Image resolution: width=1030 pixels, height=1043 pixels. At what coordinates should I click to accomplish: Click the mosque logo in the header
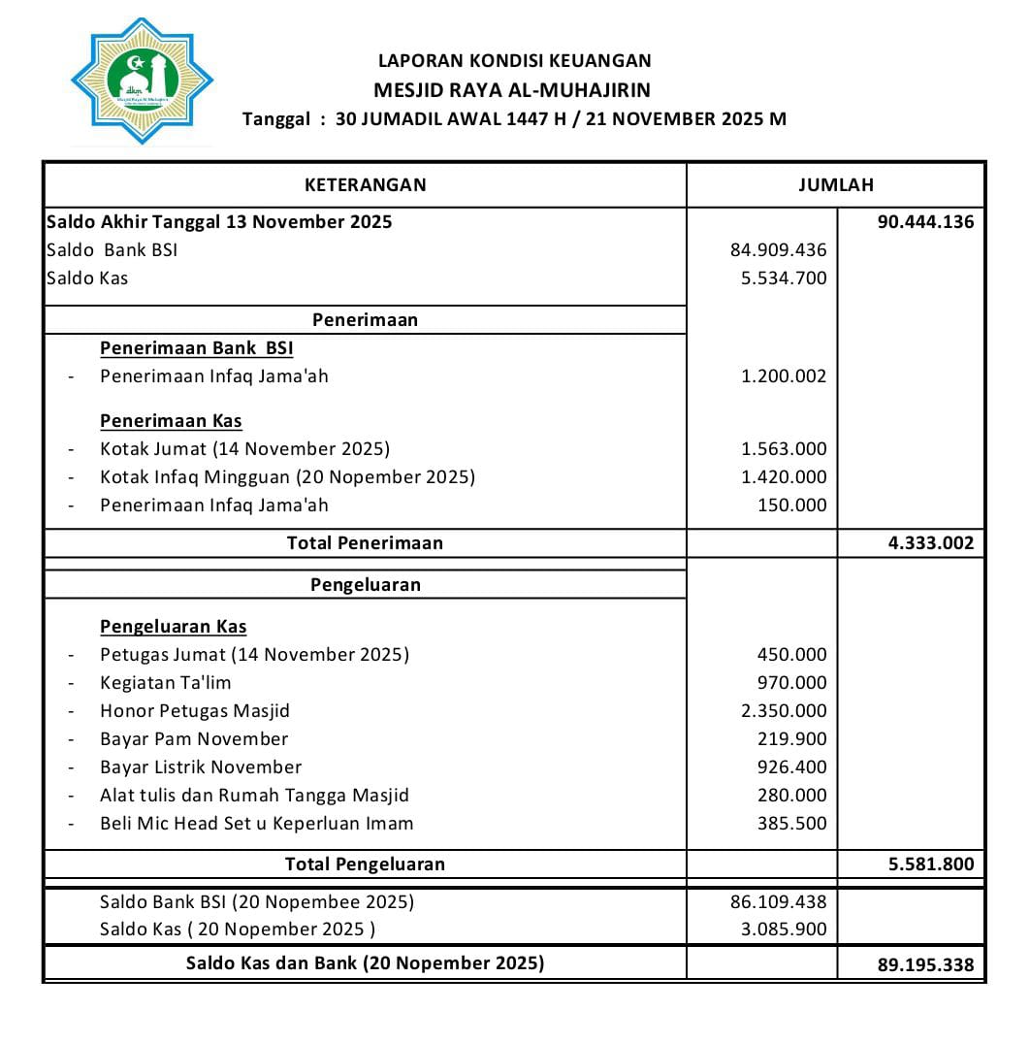point(142,81)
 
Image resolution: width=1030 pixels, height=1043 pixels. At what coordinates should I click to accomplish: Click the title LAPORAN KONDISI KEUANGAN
point(514,60)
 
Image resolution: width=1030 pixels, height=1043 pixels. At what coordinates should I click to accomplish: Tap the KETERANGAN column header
point(365,184)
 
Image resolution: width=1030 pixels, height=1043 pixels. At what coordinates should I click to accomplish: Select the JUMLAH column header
point(835,184)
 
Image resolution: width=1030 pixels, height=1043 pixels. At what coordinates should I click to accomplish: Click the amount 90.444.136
point(925,221)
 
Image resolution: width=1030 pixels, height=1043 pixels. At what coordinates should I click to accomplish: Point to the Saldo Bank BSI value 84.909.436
point(778,250)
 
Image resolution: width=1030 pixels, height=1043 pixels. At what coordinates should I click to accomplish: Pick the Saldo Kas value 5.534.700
point(784,278)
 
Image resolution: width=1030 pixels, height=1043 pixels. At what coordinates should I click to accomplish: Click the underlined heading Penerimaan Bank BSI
point(196,348)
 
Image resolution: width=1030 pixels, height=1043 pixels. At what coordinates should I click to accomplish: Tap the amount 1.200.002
point(784,376)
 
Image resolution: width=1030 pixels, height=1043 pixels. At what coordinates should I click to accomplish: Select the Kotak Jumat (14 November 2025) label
point(244,449)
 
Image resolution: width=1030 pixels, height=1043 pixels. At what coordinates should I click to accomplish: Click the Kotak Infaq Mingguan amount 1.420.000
point(784,477)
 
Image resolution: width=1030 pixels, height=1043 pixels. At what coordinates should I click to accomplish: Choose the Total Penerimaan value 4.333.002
point(930,543)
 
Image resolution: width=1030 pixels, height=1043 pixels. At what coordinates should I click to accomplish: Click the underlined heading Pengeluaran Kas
point(173,627)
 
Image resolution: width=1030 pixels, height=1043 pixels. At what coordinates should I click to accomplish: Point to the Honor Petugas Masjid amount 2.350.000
point(784,711)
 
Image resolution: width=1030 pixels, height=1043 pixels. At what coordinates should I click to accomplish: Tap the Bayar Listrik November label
point(201,767)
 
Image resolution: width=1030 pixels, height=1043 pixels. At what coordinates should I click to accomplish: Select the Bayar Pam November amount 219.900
point(791,739)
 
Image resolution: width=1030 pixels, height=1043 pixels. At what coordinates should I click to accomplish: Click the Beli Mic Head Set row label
point(256,824)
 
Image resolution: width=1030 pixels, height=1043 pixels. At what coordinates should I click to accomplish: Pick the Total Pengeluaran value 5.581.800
point(930,864)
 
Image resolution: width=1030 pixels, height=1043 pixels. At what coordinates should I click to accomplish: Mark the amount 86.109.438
point(778,902)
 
